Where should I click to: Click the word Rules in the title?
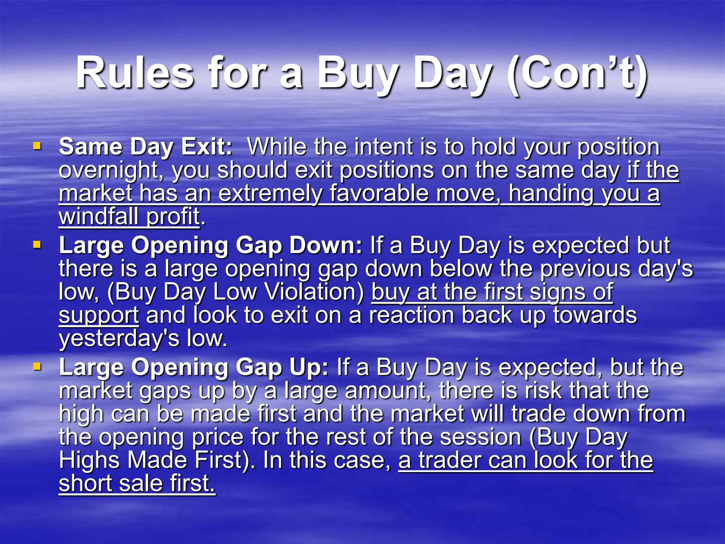tap(135, 74)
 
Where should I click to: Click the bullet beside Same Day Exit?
tap(37, 146)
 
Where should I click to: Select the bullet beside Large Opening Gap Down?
tap(37, 244)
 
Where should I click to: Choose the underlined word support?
tap(99, 315)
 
